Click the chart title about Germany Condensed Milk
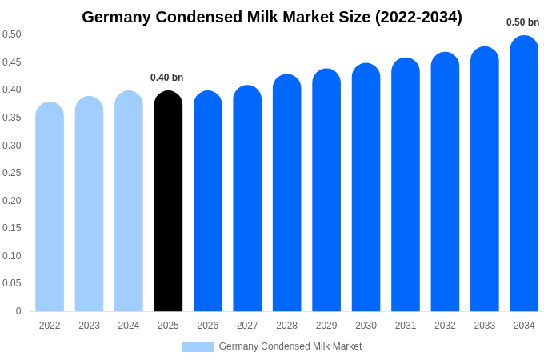click(272, 17)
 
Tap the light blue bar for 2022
click(50, 207)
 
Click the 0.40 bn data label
click(166, 78)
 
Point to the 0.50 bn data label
click(522, 22)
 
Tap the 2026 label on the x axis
click(208, 326)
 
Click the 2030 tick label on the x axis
click(366, 326)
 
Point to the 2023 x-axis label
click(89, 326)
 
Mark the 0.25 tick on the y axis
click(12, 173)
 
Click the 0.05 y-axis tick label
click(12, 283)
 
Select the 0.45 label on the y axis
click(12, 62)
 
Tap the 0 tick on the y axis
click(18, 311)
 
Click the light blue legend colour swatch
click(198, 347)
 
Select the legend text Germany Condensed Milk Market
click(290, 346)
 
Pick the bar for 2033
click(485, 179)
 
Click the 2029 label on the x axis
click(326, 326)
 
